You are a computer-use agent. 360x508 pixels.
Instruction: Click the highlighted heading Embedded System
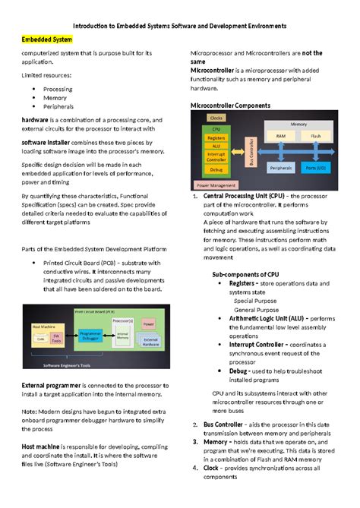(x=46, y=39)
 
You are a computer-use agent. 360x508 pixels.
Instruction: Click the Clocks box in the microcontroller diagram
(x=216, y=118)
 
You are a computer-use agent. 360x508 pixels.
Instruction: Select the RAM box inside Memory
(x=281, y=137)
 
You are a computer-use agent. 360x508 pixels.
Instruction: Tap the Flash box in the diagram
(x=315, y=137)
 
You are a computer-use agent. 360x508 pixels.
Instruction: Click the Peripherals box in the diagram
(x=281, y=167)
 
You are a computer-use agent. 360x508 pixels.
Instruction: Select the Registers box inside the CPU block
(x=216, y=137)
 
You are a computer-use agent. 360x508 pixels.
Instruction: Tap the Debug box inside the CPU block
(x=216, y=169)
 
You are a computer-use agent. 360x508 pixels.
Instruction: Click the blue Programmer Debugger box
(x=90, y=334)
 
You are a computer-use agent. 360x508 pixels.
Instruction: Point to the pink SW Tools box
(x=55, y=336)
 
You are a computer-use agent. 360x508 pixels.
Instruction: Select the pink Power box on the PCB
(x=147, y=324)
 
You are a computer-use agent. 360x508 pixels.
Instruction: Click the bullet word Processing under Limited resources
(x=58, y=89)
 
